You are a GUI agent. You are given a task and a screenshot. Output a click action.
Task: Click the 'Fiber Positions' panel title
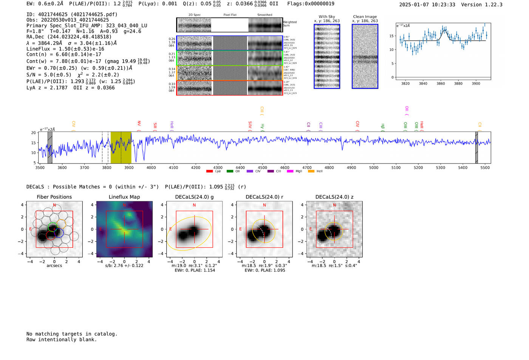[54, 197]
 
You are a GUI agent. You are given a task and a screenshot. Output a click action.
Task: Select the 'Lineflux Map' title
[124, 197]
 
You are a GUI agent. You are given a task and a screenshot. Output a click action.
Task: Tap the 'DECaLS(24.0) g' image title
[194, 197]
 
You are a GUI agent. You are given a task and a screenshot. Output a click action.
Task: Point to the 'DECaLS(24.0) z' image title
[334, 197]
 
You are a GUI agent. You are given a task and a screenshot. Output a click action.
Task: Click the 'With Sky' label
[327, 17]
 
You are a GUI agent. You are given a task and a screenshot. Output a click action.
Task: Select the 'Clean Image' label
[365, 17]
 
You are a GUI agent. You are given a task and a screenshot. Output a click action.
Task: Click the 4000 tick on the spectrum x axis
[151, 167]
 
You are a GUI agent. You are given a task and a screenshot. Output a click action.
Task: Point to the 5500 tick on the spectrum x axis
[485, 167]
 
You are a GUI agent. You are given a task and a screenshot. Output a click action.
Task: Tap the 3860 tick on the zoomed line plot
[441, 83]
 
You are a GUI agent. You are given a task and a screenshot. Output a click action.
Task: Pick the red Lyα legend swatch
[209, 172]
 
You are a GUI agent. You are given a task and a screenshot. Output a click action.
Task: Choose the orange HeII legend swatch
[311, 172]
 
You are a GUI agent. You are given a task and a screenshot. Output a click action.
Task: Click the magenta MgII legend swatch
[290, 172]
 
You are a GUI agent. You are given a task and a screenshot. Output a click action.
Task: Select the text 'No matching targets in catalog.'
[72, 334]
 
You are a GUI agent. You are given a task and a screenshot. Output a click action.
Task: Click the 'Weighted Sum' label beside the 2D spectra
[290, 24]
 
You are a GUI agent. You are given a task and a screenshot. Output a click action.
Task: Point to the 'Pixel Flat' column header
[230, 15]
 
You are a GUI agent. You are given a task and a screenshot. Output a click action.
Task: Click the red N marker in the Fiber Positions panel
[54, 205]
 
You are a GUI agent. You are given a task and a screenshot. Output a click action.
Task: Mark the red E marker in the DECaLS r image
[241, 229]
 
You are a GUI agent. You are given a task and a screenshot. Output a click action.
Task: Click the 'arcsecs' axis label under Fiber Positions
[54, 266]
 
